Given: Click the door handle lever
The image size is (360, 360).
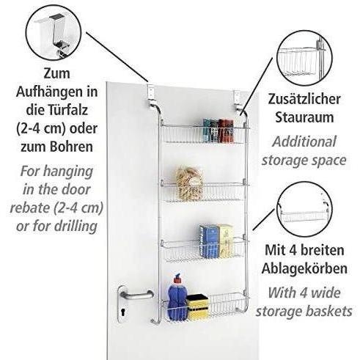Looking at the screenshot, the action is click(138, 295).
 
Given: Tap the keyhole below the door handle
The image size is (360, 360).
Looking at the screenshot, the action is click(122, 312).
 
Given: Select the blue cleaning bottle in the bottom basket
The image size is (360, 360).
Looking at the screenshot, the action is click(177, 295).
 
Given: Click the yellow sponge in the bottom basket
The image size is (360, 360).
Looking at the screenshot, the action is click(197, 307).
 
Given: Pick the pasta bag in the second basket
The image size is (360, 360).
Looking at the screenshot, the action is click(189, 183).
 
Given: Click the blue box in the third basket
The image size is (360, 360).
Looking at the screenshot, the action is click(209, 241).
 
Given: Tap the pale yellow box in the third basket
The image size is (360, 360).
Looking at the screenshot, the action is click(226, 241).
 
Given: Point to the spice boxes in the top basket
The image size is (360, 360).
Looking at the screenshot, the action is click(218, 131).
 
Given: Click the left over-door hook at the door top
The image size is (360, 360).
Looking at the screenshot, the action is click(151, 97).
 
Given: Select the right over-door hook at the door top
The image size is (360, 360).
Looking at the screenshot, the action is click(238, 100).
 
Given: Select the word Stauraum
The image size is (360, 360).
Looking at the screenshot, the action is click(304, 117).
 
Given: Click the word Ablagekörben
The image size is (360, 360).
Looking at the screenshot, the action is click(304, 268).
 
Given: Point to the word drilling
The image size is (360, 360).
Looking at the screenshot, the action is click(76, 227).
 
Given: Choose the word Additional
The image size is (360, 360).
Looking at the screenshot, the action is click(304, 142).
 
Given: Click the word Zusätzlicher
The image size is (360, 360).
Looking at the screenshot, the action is click(304, 99).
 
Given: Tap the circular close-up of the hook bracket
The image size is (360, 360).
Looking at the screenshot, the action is click(54, 33).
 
